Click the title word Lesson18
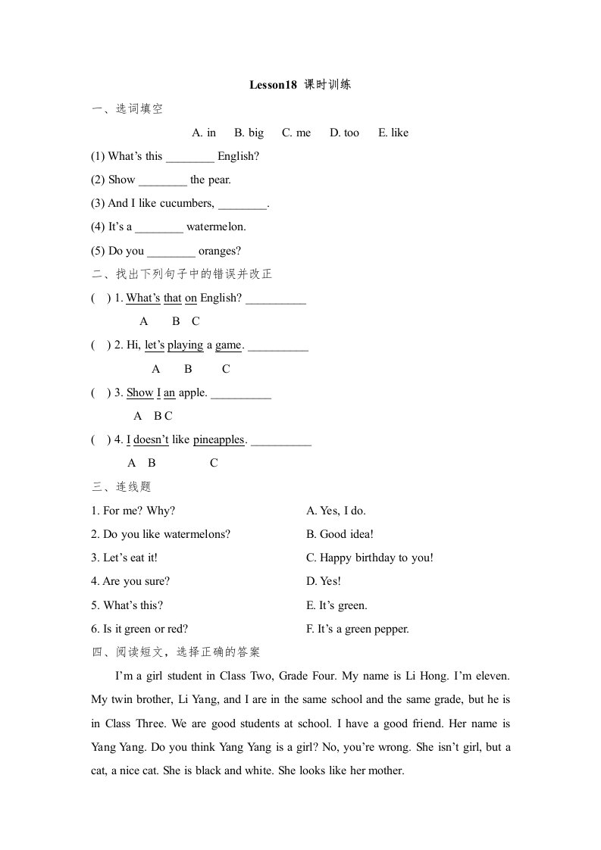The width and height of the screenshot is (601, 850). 273,85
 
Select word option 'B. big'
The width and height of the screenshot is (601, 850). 249,133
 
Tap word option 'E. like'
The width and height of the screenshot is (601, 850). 393,133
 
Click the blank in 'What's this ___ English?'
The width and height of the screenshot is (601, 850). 189,157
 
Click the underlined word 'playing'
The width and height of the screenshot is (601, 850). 185,345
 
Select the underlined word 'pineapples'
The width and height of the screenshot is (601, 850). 218,439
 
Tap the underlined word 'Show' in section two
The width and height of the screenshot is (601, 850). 139,392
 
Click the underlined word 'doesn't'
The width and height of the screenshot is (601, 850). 150,439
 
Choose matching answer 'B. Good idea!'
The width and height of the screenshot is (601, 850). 340,534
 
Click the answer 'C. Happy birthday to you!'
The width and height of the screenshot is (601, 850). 370,558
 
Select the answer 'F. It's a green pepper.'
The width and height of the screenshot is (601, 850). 358,629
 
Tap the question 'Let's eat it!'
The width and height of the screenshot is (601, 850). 124,558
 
